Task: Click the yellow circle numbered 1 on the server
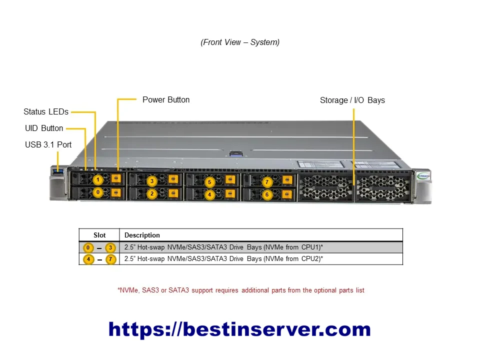point(98,179)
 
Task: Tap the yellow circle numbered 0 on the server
point(98,192)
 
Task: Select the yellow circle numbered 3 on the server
point(152,181)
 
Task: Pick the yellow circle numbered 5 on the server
point(209,182)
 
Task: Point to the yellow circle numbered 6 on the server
point(267,194)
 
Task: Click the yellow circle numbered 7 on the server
point(267,182)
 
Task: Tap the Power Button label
point(166,100)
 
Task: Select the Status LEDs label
point(46,111)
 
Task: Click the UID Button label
point(44,128)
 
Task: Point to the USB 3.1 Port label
point(48,145)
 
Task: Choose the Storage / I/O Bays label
point(352,100)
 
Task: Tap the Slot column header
point(99,235)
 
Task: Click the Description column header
point(142,235)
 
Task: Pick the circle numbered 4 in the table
point(88,259)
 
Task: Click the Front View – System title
point(240,42)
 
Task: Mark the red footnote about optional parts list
point(241,290)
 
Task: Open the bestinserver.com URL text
point(239,329)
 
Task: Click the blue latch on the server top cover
point(235,153)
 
